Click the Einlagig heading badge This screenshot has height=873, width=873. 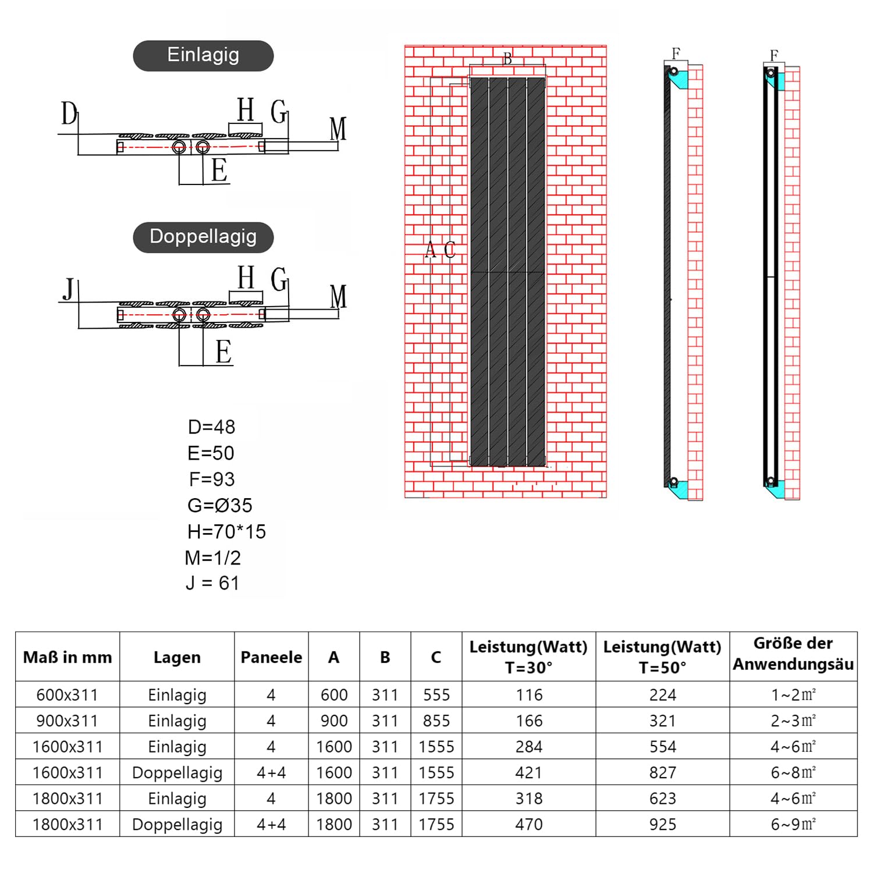click(x=203, y=56)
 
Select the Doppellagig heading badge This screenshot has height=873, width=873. click(x=203, y=237)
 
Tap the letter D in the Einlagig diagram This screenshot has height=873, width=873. click(x=69, y=113)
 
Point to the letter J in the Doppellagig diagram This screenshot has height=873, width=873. click(x=69, y=289)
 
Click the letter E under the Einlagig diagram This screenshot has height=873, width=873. click(x=219, y=170)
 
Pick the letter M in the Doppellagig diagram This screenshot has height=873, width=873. click(x=338, y=296)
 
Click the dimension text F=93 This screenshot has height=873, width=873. click(x=212, y=479)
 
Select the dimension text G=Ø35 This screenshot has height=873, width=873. click(x=220, y=505)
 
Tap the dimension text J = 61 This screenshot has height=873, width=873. click(x=212, y=583)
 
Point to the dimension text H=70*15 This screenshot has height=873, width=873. click(x=226, y=531)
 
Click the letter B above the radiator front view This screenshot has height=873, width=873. click(x=508, y=59)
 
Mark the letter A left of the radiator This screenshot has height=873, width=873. click(x=430, y=249)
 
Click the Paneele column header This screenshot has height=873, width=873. click(x=271, y=657)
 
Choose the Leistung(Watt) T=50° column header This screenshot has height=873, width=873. click(x=662, y=657)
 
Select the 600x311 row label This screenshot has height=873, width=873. click(x=68, y=695)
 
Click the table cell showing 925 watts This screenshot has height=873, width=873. click(x=663, y=825)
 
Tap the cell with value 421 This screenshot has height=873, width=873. click(x=529, y=773)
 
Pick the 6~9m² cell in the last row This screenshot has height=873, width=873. click(x=793, y=825)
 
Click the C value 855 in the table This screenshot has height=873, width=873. click(x=436, y=721)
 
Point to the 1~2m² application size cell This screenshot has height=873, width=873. click(x=793, y=695)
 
